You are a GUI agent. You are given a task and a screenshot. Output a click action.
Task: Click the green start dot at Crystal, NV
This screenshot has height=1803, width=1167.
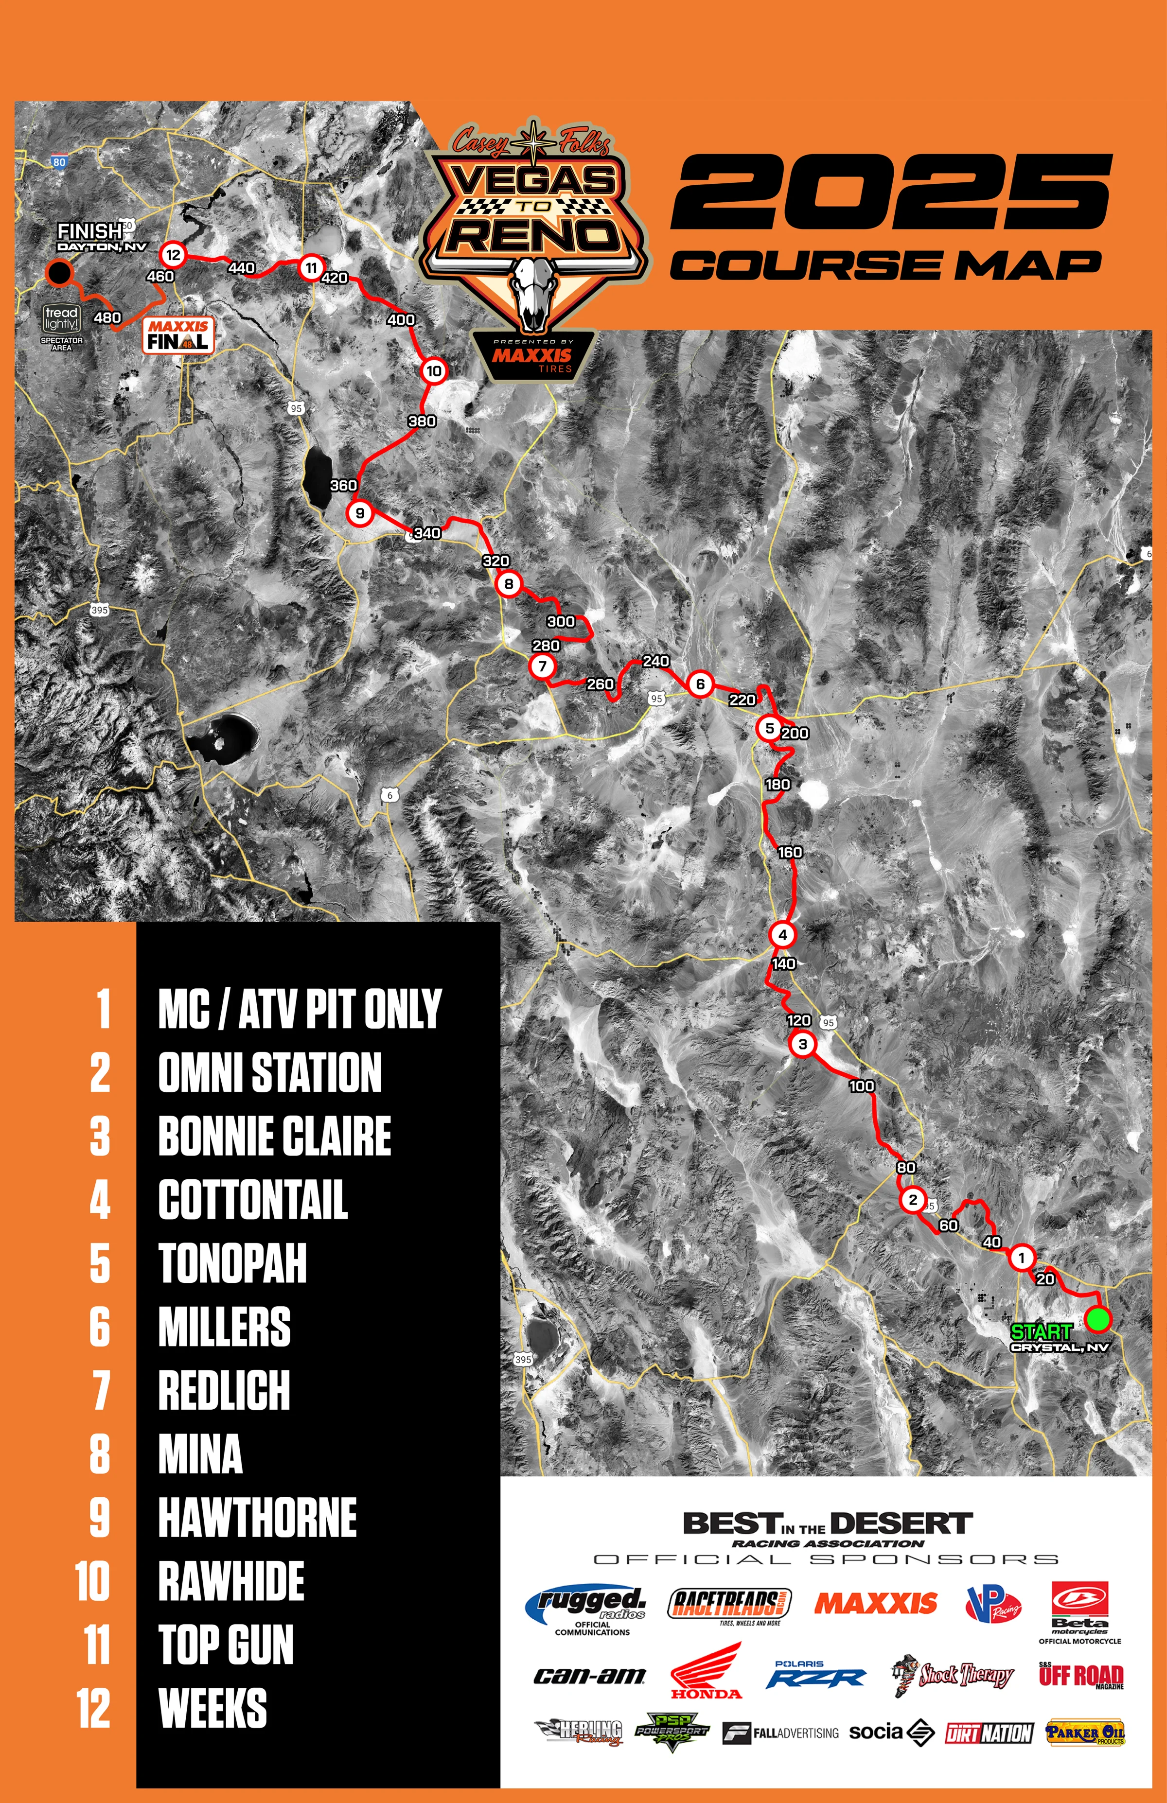coord(1097,1319)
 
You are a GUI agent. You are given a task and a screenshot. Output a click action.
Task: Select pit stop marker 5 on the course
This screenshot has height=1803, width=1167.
coord(769,728)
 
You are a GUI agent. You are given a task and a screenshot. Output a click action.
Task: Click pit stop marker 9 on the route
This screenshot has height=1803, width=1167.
coord(359,513)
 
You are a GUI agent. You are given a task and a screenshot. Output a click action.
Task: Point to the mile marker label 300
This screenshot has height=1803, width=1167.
coord(561,621)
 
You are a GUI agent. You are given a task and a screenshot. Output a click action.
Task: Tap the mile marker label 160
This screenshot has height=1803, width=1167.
coord(790,852)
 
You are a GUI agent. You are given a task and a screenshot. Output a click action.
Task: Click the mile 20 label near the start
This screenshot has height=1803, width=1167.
coord(1046,1279)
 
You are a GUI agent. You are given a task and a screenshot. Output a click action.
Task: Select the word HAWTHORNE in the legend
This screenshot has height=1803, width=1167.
coord(258,1517)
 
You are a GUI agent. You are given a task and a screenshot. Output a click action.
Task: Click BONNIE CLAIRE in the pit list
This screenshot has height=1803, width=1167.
coord(274,1136)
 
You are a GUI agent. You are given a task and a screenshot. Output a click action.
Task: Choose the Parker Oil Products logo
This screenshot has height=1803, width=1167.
coord(1085,1733)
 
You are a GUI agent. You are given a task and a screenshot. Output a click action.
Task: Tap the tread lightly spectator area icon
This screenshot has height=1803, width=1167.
coord(61,319)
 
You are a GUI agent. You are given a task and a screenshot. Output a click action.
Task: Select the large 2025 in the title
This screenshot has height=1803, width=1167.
coord(892,192)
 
